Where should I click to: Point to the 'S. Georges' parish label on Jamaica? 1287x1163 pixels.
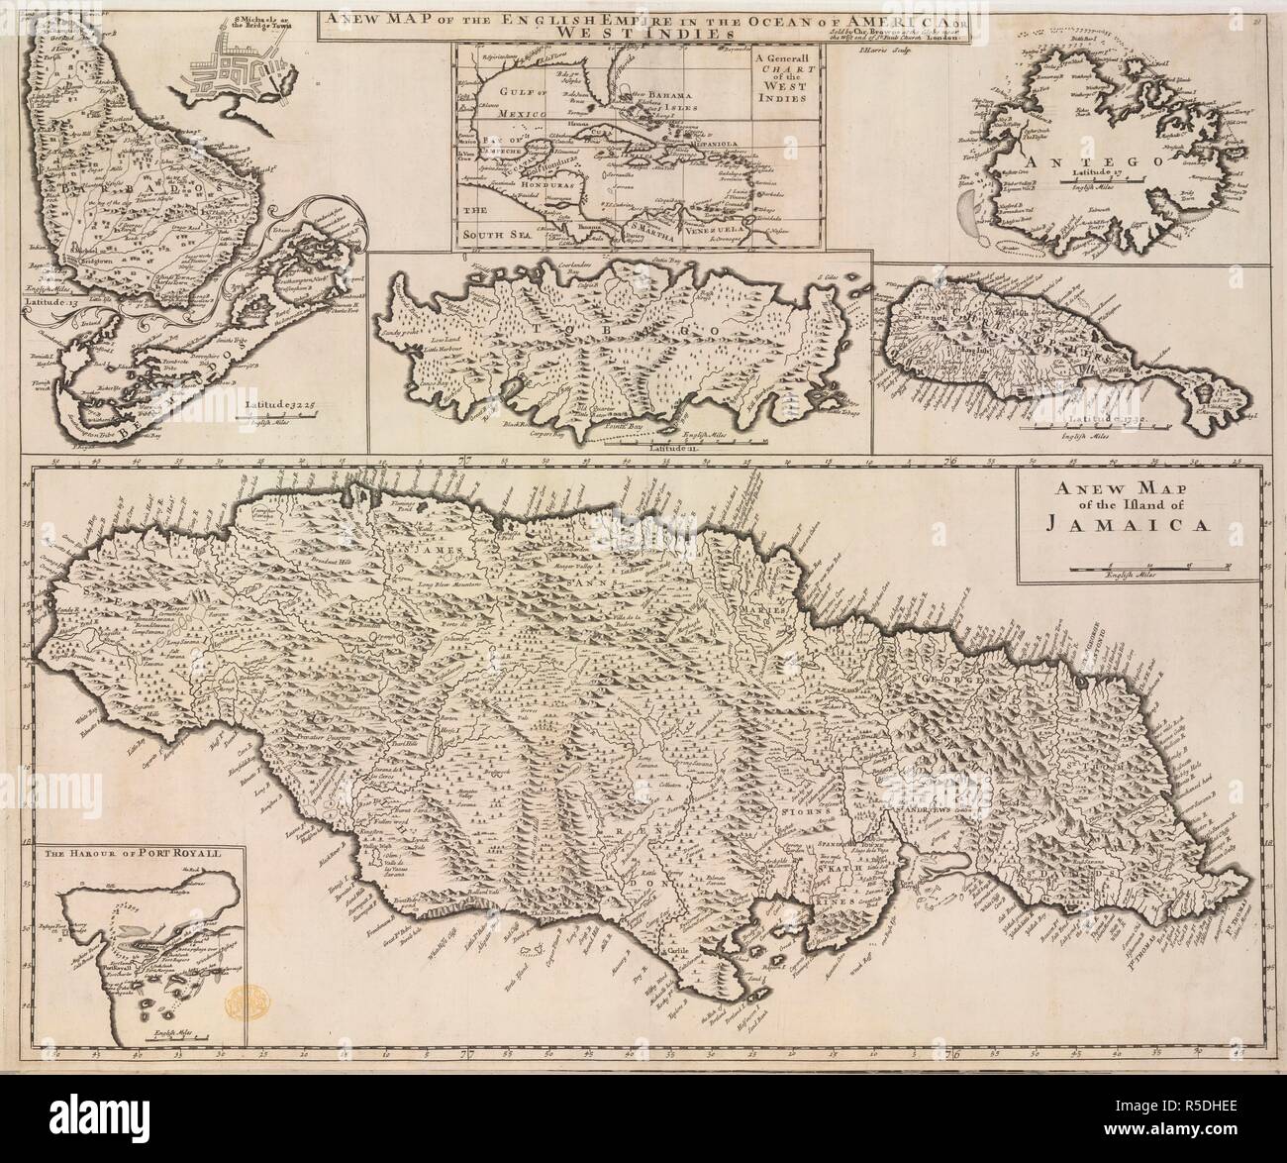pos(955,682)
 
